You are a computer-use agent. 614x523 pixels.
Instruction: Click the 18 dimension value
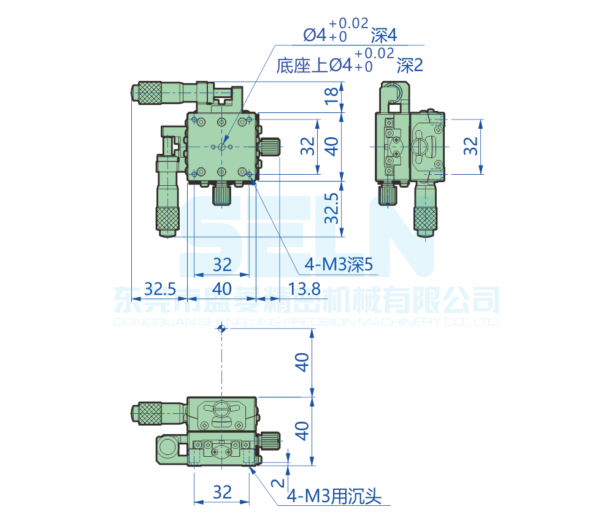(x=331, y=96)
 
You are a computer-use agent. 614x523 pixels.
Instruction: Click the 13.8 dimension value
(x=304, y=288)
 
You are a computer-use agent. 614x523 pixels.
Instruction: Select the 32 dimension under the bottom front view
(x=222, y=492)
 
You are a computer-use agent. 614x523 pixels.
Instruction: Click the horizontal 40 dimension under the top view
(x=221, y=288)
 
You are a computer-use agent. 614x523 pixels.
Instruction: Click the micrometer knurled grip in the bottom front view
(x=149, y=413)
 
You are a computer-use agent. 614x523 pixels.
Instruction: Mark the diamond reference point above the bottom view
(x=222, y=329)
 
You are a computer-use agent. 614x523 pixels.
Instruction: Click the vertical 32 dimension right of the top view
(x=308, y=146)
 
